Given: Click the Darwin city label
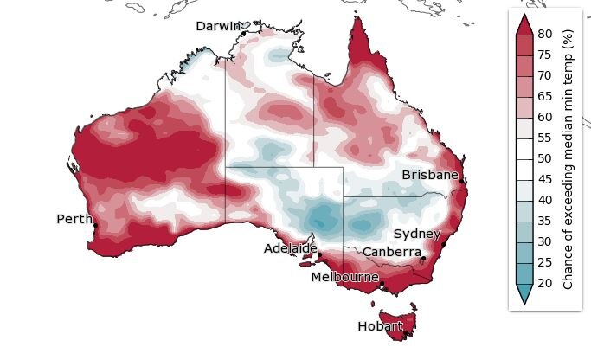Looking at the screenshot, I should click(x=217, y=26).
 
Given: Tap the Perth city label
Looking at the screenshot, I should click(x=74, y=219).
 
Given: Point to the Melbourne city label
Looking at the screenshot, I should click(x=345, y=277).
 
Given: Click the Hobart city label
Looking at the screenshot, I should click(x=380, y=326).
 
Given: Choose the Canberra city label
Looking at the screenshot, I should click(x=392, y=252).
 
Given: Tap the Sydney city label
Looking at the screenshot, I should click(x=417, y=234).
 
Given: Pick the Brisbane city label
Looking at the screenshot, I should click(x=430, y=175).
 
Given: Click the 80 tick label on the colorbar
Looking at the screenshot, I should click(x=545, y=34).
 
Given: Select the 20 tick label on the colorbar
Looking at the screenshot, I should click(x=545, y=282).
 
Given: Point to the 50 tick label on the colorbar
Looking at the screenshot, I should click(x=545, y=158).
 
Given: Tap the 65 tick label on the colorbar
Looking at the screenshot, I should click(x=545, y=96).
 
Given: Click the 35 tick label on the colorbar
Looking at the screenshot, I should click(x=545, y=221).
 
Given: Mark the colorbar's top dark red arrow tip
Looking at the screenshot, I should click(x=523, y=16).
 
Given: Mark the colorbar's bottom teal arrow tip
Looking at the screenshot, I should click(x=523, y=302).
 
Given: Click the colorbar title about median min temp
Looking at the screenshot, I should click(x=569, y=158).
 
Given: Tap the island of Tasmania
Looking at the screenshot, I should click(x=399, y=315).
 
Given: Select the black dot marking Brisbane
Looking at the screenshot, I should click(x=464, y=181).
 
